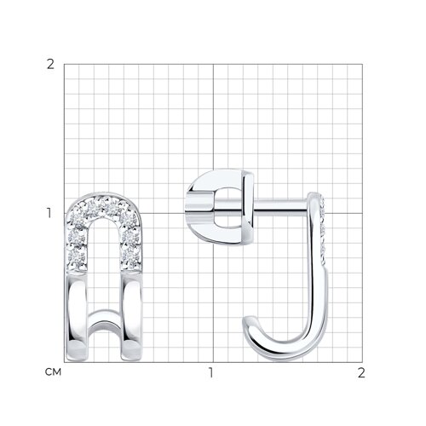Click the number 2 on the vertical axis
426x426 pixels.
pos(50,65)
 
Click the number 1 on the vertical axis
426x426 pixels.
pos(49,213)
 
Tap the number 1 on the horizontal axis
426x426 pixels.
pos(210,373)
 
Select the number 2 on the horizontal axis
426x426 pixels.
pos(361,373)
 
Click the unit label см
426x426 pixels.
pos(53,372)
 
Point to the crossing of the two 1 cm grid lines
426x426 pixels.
pos(213,213)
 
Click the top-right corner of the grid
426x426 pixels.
pos(362,64)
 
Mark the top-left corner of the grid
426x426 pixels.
pos(64,64)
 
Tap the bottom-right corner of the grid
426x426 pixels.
pos(362,362)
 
